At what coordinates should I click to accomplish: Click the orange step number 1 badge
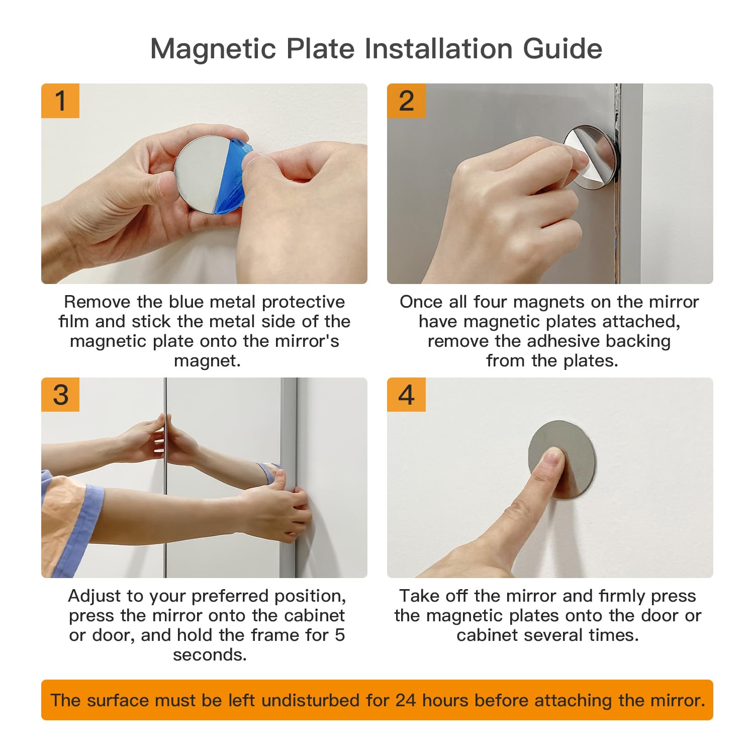[60, 101]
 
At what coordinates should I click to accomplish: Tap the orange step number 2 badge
[406, 101]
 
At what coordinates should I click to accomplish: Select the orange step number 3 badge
[60, 395]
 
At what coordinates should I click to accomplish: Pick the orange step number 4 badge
[406, 395]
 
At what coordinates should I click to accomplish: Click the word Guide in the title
[562, 49]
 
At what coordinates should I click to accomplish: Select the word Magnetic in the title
[214, 49]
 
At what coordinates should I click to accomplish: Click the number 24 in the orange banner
[406, 700]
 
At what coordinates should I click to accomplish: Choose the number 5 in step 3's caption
[340, 635]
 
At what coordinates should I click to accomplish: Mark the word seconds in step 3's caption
[210, 655]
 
